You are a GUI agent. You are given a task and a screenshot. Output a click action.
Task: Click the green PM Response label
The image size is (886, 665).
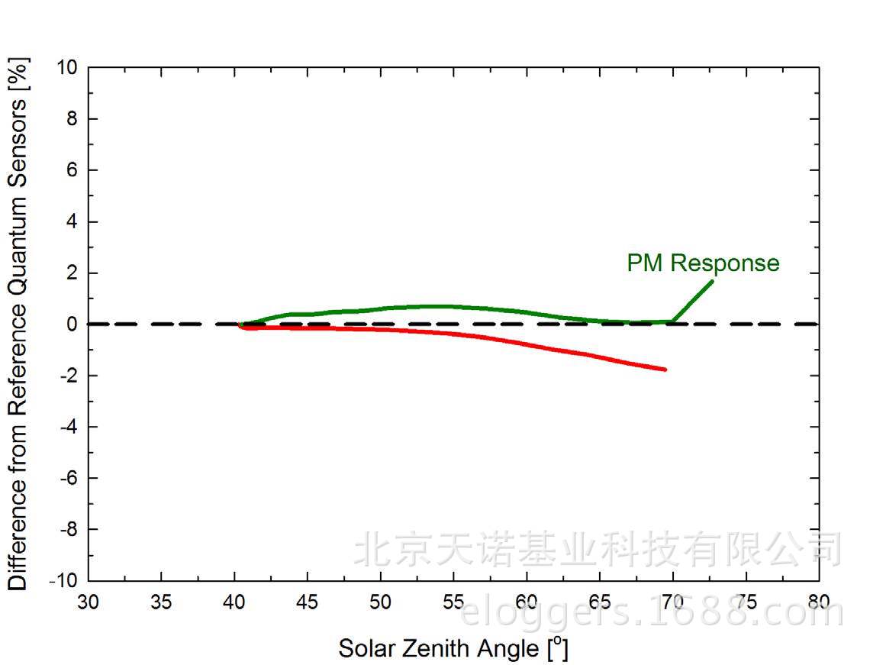coord(703,263)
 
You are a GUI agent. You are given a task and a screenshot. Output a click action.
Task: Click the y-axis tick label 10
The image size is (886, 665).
coord(66,68)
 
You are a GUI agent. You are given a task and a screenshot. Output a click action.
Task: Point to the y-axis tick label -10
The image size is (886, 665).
coord(63,581)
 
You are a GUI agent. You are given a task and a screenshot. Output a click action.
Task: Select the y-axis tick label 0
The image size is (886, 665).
coord(72,324)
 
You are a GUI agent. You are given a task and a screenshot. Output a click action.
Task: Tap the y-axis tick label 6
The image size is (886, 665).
coord(72,170)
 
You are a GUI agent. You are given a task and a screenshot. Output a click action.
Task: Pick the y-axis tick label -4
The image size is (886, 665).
coord(68,427)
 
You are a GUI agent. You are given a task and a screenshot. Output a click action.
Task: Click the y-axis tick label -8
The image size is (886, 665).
coord(68,529)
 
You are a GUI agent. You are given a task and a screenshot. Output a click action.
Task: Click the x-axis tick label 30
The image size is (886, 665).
coord(89,602)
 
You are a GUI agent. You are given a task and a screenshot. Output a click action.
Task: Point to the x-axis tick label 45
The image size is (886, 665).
coord(308,602)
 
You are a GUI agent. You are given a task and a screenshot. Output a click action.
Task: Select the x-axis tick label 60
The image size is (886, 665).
coord(527,602)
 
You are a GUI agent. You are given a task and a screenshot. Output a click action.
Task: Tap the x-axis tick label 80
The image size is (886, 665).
coord(819,602)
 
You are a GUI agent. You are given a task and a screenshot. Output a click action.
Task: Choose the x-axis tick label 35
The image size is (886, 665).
coord(161,602)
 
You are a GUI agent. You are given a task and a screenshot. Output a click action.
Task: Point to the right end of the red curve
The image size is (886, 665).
coord(665,370)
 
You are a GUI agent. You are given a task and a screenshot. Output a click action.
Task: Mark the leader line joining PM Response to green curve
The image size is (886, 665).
coord(693,301)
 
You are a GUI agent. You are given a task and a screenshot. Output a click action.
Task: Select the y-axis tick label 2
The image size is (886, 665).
coord(72,273)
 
